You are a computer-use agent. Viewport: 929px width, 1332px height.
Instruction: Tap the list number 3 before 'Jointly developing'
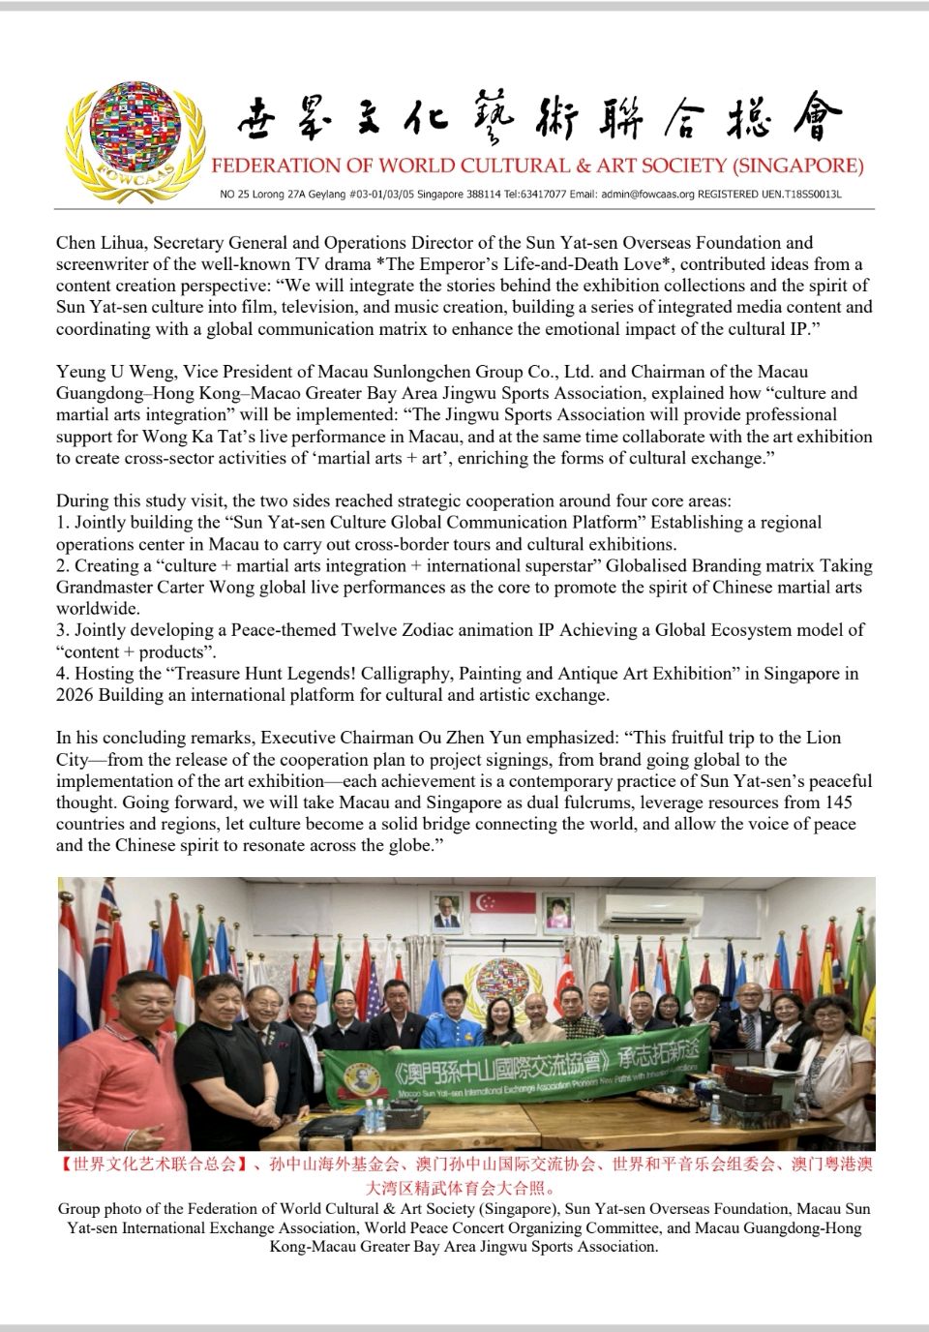[x=61, y=630]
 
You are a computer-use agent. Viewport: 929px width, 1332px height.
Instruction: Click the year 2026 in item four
[x=75, y=695]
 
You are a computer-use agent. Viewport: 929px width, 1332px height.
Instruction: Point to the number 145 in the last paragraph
[x=837, y=802]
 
